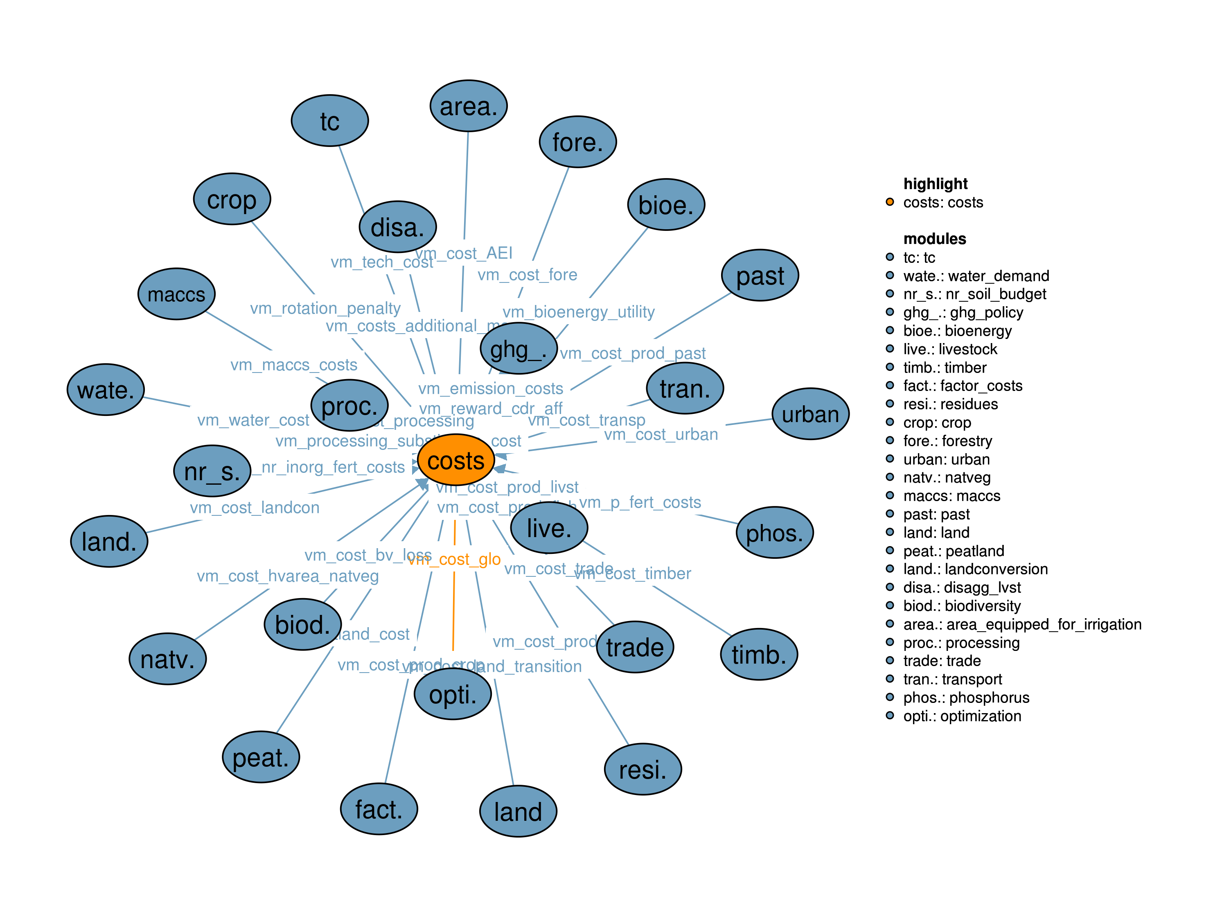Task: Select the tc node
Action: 330,120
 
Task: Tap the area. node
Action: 469,106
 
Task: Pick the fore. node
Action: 578,142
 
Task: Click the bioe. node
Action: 666,205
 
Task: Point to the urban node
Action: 810,413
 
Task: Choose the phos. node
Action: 775,532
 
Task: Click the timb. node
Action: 759,654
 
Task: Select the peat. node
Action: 261,757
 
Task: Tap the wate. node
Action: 106,390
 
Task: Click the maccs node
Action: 176,294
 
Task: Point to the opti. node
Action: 453,694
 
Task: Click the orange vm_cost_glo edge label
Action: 455,559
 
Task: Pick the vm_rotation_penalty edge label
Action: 325,308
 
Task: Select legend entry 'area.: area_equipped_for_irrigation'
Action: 1022,624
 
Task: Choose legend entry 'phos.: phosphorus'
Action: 966,698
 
